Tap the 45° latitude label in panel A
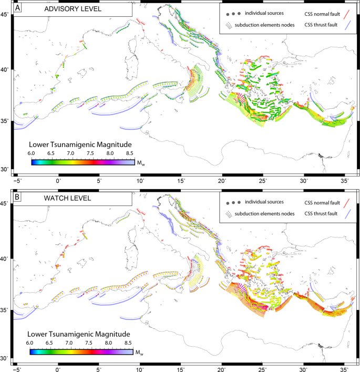(x=5, y=14)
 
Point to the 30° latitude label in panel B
(x=5, y=358)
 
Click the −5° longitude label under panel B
(x=17, y=369)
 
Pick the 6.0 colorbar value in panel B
(x=31, y=342)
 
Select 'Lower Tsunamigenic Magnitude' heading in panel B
(x=80, y=333)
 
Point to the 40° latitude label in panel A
(x=5, y=69)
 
